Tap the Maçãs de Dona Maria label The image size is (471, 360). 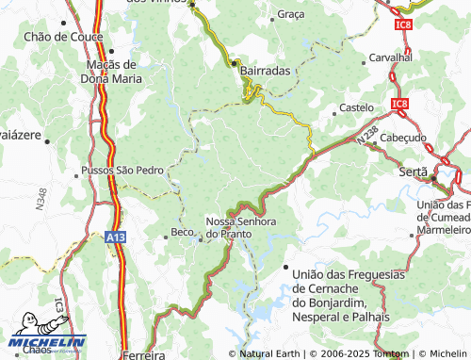[x=113, y=72]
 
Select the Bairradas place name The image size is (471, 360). [x=265, y=71]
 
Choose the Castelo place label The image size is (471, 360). [x=356, y=108]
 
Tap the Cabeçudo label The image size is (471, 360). [x=403, y=138]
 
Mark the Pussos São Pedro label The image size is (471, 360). [x=123, y=171]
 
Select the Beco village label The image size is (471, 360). [x=181, y=232]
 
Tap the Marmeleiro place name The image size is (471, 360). [x=444, y=229]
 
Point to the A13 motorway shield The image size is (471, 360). [x=115, y=238]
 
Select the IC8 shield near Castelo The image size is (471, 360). [x=399, y=104]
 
